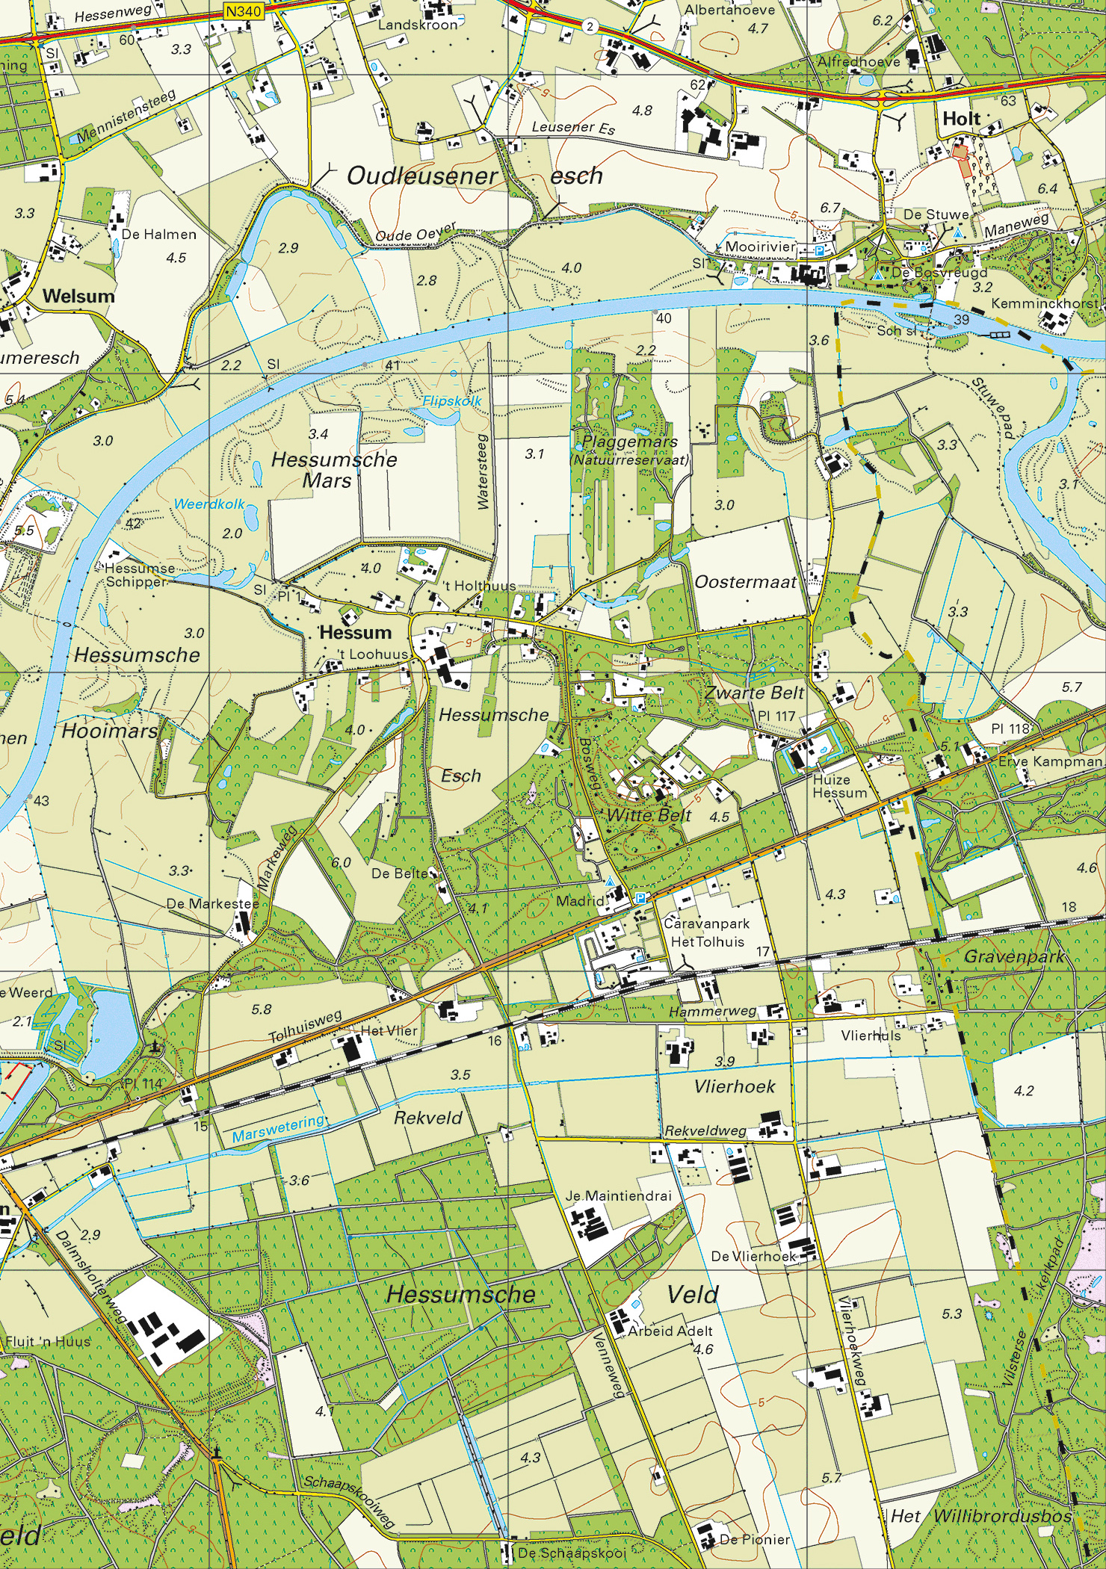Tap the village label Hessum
coord(355,632)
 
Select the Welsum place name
coord(78,296)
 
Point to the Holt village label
coord(961,119)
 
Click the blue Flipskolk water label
coord(452,401)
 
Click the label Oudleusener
coord(422,176)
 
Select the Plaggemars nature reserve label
coord(629,442)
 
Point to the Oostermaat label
coord(746,581)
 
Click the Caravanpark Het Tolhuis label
coord(707,932)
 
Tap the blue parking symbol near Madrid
coord(640,898)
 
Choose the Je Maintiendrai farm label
coord(618,1195)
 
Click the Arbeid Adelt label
coord(670,1331)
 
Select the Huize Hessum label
coord(839,786)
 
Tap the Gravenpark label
coord(1014,956)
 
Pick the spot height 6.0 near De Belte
coord(341,862)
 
